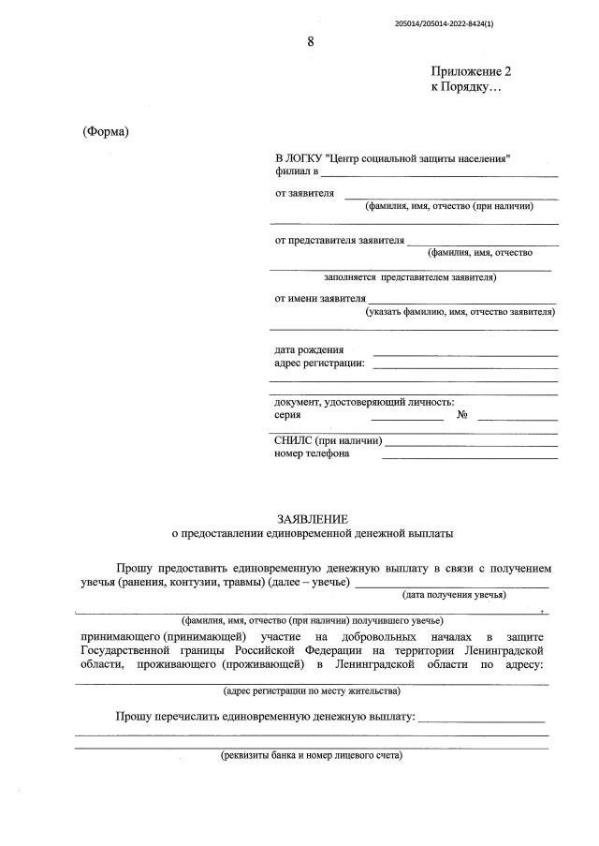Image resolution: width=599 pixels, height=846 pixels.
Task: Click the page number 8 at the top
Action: [x=311, y=41]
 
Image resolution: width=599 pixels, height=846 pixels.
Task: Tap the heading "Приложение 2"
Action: [x=471, y=71]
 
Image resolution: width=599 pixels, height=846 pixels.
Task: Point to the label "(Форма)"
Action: [x=106, y=130]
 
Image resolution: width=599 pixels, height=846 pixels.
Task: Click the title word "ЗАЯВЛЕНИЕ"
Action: [x=313, y=519]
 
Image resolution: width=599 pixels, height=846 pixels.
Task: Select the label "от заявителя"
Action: [x=304, y=193]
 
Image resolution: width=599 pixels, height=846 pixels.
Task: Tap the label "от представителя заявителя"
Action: [x=339, y=240]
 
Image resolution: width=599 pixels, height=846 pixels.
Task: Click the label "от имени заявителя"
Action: [x=319, y=299]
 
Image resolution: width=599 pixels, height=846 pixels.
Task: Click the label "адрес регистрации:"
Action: [x=319, y=364]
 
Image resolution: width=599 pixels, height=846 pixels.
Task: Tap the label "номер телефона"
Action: [x=312, y=454]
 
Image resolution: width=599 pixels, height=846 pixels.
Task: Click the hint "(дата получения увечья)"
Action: [x=454, y=595]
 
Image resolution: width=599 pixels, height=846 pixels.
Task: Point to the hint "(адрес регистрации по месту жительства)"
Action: [x=312, y=691]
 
